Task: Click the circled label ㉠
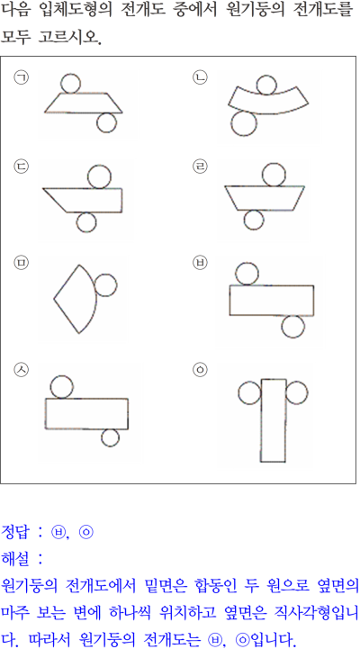pyautogui.click(x=21, y=77)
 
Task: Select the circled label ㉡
pyautogui.click(x=201, y=77)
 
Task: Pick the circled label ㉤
pyautogui.click(x=21, y=264)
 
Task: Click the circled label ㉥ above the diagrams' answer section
pyautogui.click(x=201, y=264)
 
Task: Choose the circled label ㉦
pyautogui.click(x=21, y=370)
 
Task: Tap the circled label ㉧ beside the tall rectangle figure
pyautogui.click(x=201, y=370)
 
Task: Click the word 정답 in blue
pyautogui.click(x=15, y=531)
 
